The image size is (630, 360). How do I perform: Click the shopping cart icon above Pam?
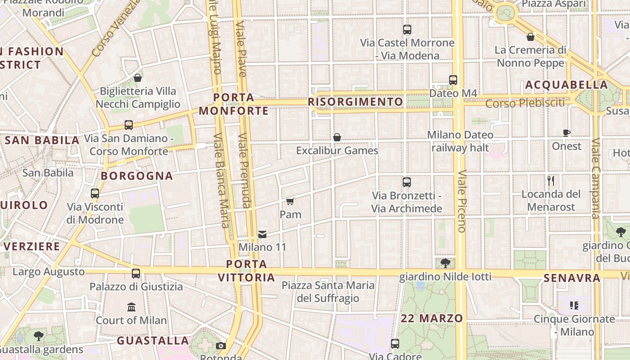pyautogui.click(x=290, y=201)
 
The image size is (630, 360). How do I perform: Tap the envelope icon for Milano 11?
pyautogui.click(x=262, y=234)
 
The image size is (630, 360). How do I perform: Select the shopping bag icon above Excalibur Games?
pyautogui.click(x=337, y=137)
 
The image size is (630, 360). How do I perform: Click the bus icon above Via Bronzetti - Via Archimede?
pyautogui.click(x=407, y=182)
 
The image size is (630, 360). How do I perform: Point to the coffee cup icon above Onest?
pyautogui.click(x=567, y=133)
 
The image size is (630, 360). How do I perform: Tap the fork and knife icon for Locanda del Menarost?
pyautogui.click(x=551, y=181)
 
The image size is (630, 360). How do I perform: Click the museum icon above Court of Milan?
pyautogui.click(x=131, y=307)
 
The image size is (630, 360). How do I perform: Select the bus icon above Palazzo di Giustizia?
pyautogui.click(x=136, y=273)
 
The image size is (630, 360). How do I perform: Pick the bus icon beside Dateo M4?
pyautogui.click(x=453, y=80)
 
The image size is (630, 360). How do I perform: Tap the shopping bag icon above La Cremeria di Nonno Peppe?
pyautogui.click(x=531, y=36)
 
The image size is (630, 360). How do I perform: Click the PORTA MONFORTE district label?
pyautogui.click(x=234, y=104)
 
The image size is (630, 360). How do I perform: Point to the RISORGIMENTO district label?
pyautogui.click(x=355, y=102)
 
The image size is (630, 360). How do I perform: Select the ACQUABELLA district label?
pyautogui.click(x=567, y=85)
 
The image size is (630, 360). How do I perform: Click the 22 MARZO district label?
pyautogui.click(x=432, y=319)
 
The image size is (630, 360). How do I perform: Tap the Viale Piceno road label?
pyautogui.click(x=462, y=201)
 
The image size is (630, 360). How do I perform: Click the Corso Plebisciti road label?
pyautogui.click(x=525, y=103)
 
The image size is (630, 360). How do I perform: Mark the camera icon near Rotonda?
pyautogui.click(x=221, y=346)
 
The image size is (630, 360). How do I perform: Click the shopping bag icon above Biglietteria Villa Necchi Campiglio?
pyautogui.click(x=138, y=78)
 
